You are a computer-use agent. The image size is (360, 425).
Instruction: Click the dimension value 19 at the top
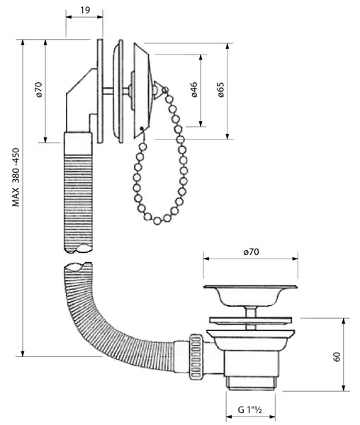click(85, 10)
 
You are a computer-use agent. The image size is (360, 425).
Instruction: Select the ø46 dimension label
click(194, 89)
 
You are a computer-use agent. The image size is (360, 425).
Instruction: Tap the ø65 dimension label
click(221, 89)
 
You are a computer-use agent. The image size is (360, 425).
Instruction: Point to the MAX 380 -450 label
click(16, 177)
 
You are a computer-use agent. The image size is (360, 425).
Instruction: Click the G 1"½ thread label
click(249, 409)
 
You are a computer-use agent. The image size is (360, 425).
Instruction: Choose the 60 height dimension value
click(337, 357)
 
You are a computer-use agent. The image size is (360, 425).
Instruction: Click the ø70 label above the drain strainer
click(251, 252)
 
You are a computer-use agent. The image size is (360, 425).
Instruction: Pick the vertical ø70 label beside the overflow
click(39, 89)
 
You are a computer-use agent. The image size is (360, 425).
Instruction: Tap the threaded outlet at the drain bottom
click(250, 384)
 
